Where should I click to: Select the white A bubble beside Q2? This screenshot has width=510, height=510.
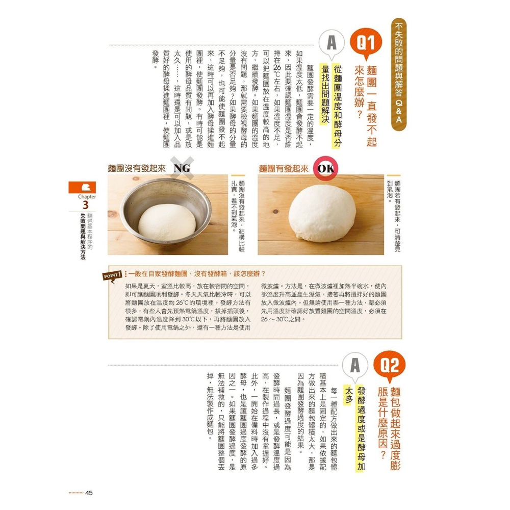(x=355, y=366)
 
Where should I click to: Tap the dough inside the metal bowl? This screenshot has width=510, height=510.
(x=166, y=221)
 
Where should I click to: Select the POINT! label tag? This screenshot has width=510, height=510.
(x=113, y=275)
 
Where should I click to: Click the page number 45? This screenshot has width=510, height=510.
(x=89, y=493)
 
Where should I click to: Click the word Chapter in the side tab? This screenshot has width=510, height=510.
(x=84, y=196)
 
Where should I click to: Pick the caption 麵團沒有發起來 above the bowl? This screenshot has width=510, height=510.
(x=136, y=168)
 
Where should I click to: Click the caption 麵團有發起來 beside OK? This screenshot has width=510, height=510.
(x=284, y=168)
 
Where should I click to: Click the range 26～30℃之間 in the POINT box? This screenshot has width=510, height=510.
(x=283, y=319)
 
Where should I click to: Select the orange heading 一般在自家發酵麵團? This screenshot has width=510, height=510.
(x=168, y=274)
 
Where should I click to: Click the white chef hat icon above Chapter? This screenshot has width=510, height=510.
(x=84, y=187)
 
